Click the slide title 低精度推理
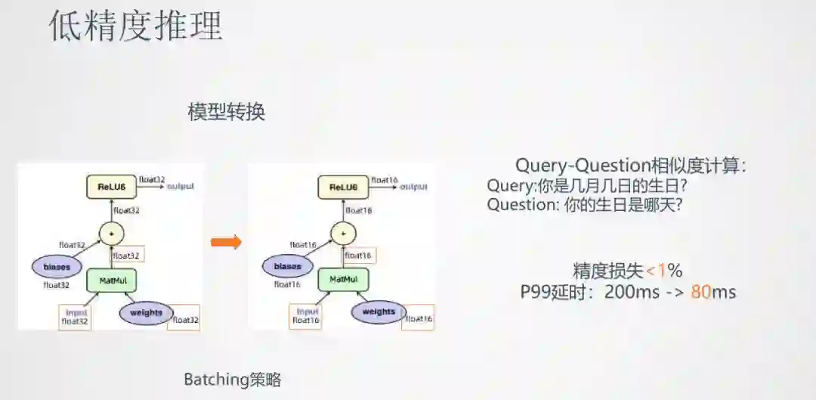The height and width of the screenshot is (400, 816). click(x=136, y=26)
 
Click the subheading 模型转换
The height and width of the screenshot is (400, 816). click(x=227, y=112)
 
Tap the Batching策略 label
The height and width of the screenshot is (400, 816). click(x=233, y=380)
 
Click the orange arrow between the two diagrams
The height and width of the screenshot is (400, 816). click(x=225, y=242)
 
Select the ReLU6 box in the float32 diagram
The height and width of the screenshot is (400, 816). click(x=111, y=187)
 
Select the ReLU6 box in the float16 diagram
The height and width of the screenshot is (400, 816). click(x=343, y=187)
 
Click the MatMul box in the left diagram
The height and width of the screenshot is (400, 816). click(x=111, y=281)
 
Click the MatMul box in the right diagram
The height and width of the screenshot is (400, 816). click(x=343, y=280)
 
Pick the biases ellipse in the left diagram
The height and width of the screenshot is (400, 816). click(x=57, y=267)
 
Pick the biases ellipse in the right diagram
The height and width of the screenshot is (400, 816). click(x=288, y=266)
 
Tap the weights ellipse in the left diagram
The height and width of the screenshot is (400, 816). click(x=146, y=312)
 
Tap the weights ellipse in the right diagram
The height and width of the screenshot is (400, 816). click(x=378, y=312)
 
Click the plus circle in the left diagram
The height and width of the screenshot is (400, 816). click(x=111, y=234)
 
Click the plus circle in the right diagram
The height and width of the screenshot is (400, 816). click(x=343, y=233)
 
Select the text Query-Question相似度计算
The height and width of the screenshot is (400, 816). click(x=629, y=166)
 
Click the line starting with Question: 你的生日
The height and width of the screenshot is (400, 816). click(x=585, y=204)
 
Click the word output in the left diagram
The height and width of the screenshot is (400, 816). click(x=181, y=186)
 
